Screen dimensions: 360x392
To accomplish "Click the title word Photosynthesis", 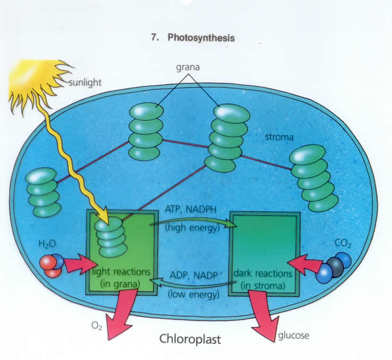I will (201, 38).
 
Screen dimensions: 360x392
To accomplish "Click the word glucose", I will (292, 336).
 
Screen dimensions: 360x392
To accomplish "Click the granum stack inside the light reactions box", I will (110, 236).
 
